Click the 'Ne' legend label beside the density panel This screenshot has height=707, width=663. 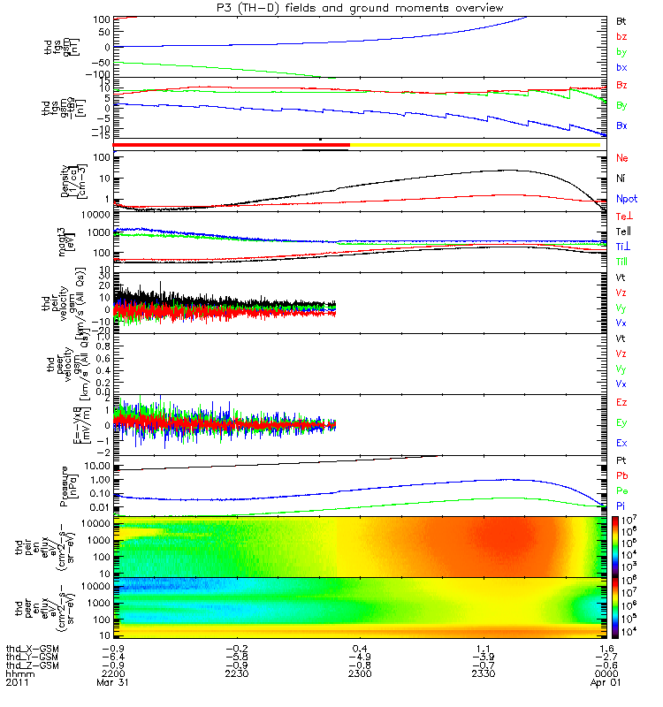pos(621,158)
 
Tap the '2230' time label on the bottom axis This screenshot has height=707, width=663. pos(232,682)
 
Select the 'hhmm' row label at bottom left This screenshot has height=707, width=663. pos(18,682)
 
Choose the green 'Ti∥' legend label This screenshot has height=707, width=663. pos(622,262)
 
